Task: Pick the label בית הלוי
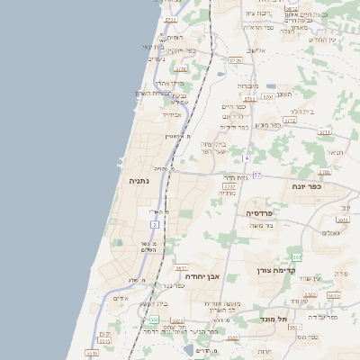click(302, 112)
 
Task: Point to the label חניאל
click(335, 153)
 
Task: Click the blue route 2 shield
click(155, 223)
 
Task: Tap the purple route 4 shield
click(246, 157)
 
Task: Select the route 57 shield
click(257, 175)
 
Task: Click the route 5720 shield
click(236, 60)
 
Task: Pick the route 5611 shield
click(181, 268)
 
